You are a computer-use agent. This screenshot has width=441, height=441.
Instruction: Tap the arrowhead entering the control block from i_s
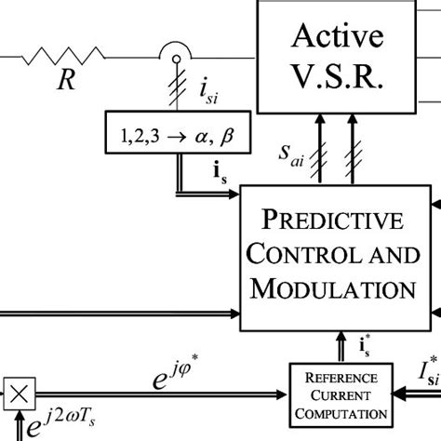coord(235,194)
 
